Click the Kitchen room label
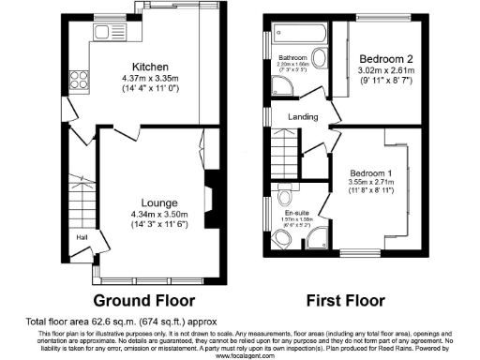150,66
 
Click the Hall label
82,237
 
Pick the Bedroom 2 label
386,58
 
